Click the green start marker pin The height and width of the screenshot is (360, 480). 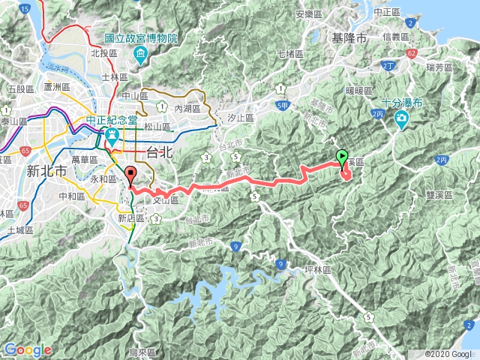[x=343, y=158]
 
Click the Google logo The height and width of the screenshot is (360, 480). [x=27, y=349]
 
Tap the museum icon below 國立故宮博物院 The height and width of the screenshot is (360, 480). [x=140, y=54]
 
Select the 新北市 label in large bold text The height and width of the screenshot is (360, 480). [x=47, y=171]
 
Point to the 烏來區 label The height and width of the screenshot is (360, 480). [x=142, y=352]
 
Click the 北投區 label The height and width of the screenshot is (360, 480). [x=100, y=53]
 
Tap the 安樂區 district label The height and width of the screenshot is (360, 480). [x=309, y=13]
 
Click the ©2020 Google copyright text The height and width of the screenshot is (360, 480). [x=448, y=353]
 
